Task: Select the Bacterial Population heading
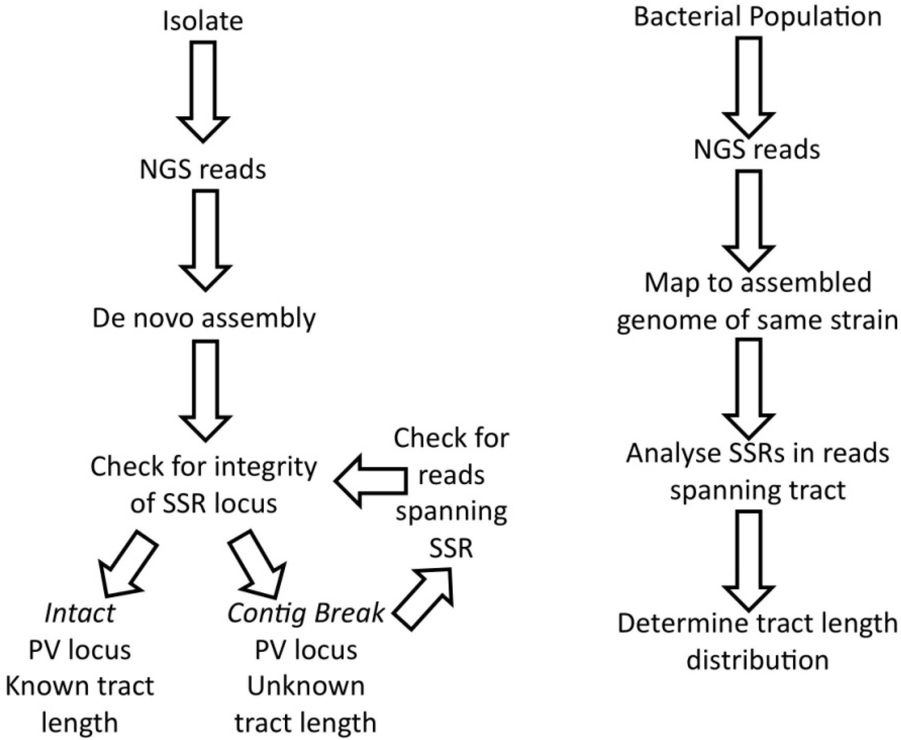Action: tap(757, 17)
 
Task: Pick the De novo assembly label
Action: tap(204, 318)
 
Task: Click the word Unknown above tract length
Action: tap(305, 686)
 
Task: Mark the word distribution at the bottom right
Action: tap(757, 660)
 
